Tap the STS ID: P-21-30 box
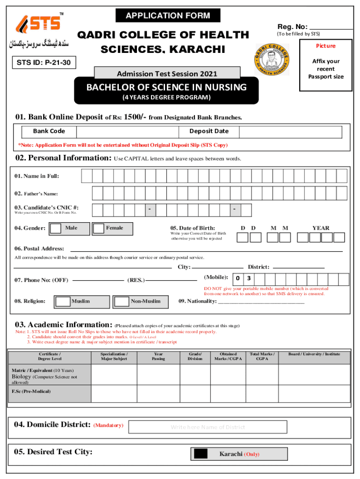42,62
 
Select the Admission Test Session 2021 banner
167,73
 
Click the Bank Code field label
49,131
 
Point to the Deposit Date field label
209,131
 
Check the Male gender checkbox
56,228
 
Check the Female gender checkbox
99,228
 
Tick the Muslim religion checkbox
63,301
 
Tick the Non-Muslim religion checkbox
122,301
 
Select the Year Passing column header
158,357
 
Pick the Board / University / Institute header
314,355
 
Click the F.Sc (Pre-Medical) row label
31,391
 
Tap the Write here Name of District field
208,427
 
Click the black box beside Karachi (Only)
201,454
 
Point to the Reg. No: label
292,27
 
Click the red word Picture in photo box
325,46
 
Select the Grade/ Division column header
195,357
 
